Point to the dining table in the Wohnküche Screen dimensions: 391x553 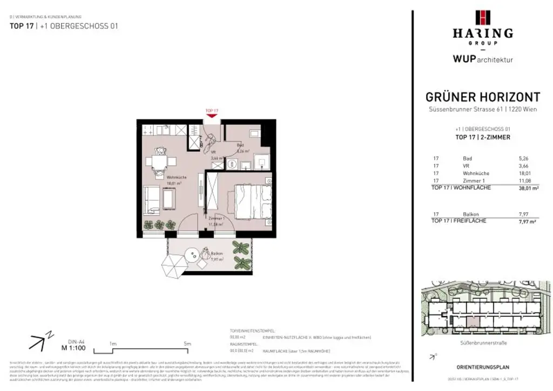[159, 161]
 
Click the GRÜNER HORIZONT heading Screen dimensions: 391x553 [482, 97]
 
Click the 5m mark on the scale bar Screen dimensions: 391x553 [187, 343]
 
